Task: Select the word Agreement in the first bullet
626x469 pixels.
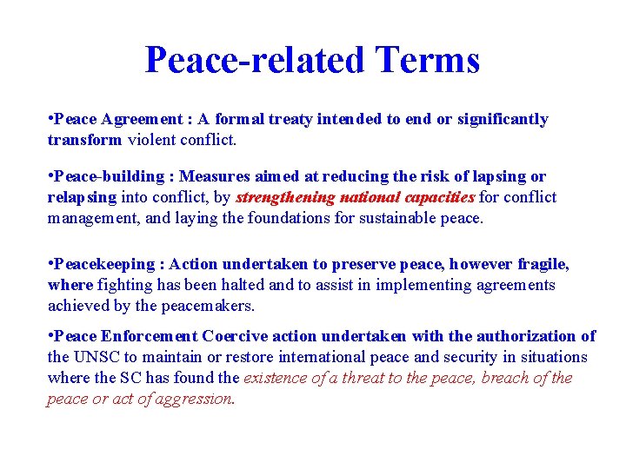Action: click(137, 119)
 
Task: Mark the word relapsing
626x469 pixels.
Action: click(81, 197)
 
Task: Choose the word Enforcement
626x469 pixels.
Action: click(150, 336)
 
